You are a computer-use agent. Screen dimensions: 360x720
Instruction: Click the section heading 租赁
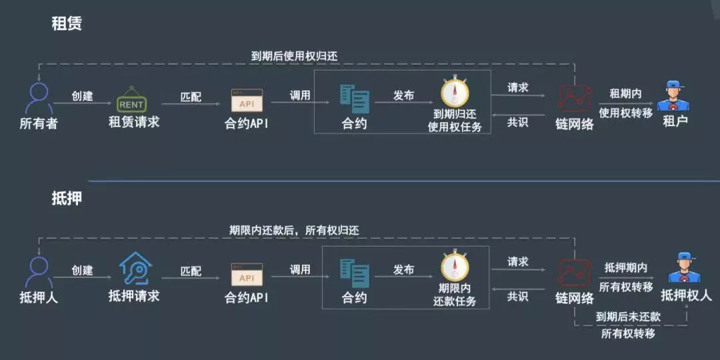click(67, 24)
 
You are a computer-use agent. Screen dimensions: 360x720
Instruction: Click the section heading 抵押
click(67, 198)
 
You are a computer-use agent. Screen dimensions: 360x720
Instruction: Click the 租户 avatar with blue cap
click(673, 97)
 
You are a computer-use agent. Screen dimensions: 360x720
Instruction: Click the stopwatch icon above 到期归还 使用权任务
click(455, 91)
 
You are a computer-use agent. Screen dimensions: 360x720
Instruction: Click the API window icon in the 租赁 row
click(247, 100)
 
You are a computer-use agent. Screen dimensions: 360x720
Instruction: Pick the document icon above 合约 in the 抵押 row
click(354, 270)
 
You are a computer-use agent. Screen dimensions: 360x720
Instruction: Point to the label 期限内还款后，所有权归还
click(294, 230)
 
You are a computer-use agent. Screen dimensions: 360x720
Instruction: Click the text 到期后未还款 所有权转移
click(628, 325)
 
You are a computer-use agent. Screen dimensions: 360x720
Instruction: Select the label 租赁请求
click(134, 122)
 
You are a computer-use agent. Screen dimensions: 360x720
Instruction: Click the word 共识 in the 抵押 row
click(518, 296)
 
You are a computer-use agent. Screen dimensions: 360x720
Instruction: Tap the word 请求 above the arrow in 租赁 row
click(518, 87)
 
